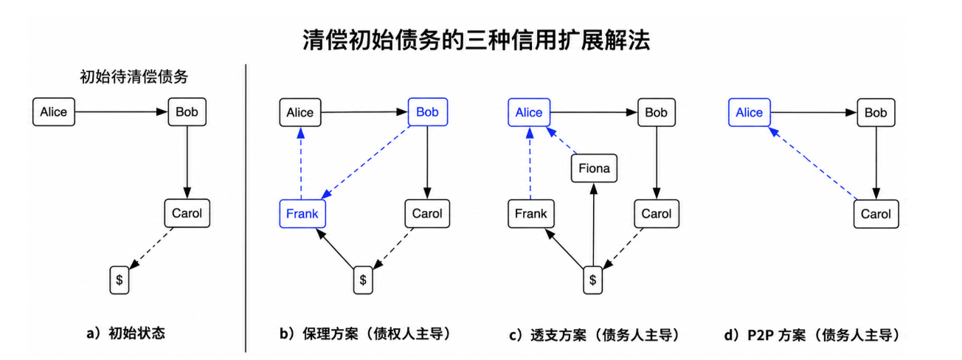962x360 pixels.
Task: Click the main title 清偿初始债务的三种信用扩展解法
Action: point(477,41)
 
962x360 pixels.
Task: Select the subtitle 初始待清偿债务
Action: point(134,77)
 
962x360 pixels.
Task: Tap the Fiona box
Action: point(594,168)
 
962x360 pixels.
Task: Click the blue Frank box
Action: point(302,213)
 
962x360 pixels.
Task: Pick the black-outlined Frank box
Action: point(531,213)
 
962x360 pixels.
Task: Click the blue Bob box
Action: point(428,112)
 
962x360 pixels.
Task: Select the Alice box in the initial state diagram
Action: point(54,111)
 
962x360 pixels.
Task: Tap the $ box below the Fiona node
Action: point(592,280)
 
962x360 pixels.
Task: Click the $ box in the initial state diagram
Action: point(120,280)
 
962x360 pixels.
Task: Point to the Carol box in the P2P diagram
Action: point(876,214)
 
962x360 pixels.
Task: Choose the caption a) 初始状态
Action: point(125,333)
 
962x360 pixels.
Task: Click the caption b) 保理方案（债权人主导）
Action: point(366,333)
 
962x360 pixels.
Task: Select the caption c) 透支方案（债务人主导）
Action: point(595,335)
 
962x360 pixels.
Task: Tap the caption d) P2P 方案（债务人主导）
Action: point(812,335)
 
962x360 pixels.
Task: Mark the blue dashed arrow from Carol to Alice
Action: point(812,163)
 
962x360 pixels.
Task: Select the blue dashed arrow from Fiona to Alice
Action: point(561,140)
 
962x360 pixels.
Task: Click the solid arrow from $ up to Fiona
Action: point(594,225)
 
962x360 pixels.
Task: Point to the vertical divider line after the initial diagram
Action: point(246,208)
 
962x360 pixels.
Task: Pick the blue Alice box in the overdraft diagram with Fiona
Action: point(529,113)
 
